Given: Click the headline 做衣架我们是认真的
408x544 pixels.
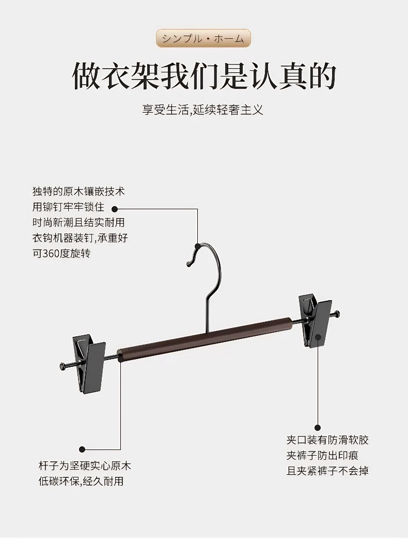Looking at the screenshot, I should tap(204, 76).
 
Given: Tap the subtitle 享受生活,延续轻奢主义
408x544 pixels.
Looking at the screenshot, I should tap(203, 110).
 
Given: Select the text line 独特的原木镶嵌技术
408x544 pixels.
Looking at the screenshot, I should tap(79, 192).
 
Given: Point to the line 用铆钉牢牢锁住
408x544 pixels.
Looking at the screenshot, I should tap(68, 207).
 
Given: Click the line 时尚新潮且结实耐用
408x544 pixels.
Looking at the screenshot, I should tap(79, 223).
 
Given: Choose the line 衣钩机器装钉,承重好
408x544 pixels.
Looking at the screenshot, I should tap(80, 238).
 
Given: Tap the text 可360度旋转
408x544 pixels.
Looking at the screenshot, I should tap(61, 254).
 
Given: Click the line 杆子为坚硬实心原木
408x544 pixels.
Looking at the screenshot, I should tap(85, 466).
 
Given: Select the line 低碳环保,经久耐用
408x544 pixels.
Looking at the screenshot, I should tap(81, 481).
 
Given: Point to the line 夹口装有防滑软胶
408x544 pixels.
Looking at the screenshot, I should tap(327, 440).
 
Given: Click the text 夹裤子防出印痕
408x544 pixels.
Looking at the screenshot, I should tap(322, 456).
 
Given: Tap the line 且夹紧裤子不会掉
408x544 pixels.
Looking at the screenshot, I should tap(327, 471).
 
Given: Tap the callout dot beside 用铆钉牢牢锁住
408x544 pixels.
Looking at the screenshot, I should tap(115, 209).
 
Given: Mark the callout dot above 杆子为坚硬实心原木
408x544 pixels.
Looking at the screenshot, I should tap(82, 449).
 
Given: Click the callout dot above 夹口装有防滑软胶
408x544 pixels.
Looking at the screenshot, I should tap(318, 427).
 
